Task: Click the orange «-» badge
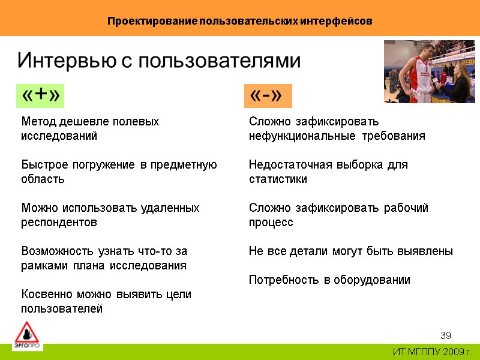[267, 95]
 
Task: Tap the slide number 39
[445, 335]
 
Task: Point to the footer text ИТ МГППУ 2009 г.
[432, 351]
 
